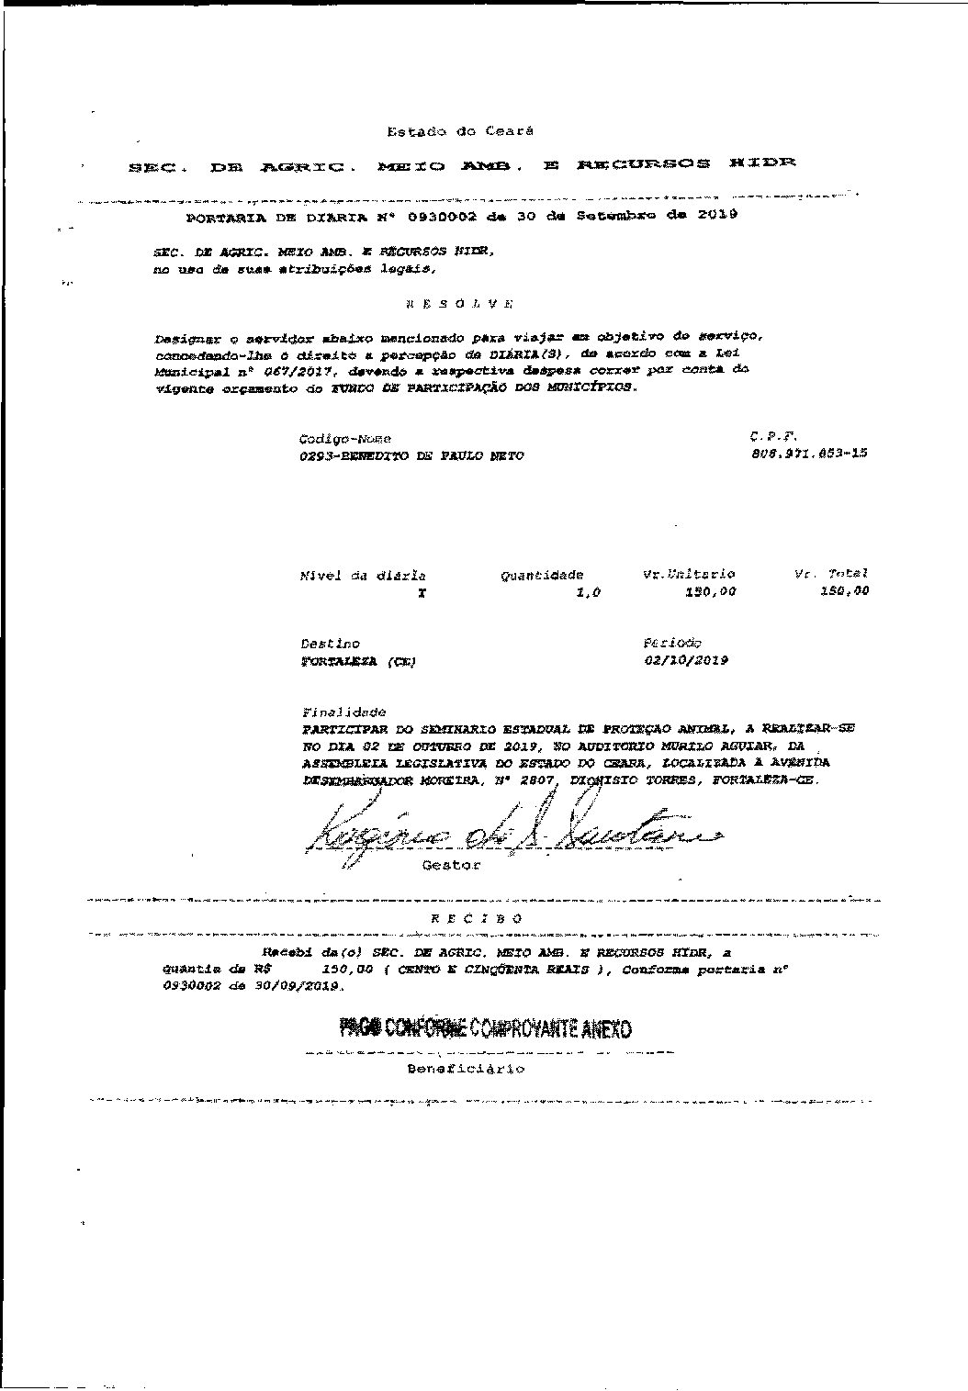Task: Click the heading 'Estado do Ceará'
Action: click(459, 132)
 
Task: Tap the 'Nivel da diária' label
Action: click(363, 577)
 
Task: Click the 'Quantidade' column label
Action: click(542, 576)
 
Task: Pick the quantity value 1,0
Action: click(588, 593)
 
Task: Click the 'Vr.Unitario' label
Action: click(690, 574)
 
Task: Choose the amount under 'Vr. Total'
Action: click(844, 591)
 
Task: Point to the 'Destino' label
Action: click(330, 645)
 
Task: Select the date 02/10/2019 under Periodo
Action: click(686, 660)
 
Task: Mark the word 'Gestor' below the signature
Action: click(450, 866)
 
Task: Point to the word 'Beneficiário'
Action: click(466, 1069)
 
